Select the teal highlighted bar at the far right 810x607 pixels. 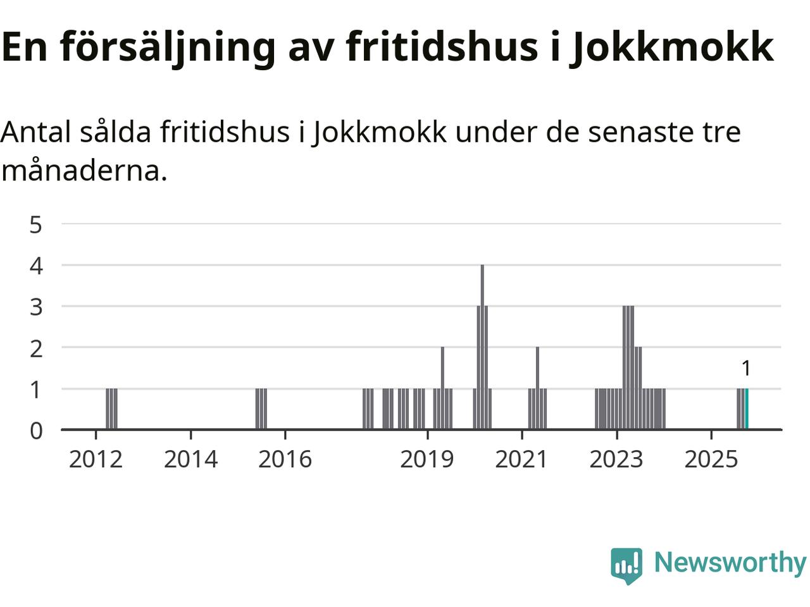747,409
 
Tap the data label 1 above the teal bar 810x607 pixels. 746,368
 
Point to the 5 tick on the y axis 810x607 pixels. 36,224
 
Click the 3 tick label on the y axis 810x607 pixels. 36,307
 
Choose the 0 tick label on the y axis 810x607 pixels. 36,431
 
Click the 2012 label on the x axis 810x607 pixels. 96,459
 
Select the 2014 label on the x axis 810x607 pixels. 190,459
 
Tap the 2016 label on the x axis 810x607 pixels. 285,459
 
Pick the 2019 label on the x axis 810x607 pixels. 427,459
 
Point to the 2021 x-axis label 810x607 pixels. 521,459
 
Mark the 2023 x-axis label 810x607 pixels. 616,459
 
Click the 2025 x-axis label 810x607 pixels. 711,459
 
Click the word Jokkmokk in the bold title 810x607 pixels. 672,47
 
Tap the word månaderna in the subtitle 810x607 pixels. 84,171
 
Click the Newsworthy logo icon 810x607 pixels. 626,564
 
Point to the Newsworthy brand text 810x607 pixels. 730,562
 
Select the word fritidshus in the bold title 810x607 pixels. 442,47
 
